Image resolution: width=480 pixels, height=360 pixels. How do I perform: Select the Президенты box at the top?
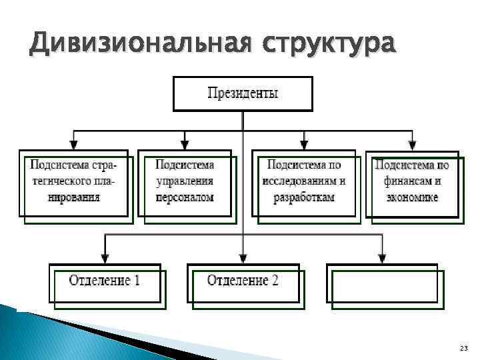tap(243, 93)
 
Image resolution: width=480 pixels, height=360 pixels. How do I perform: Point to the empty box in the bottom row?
tap(383, 283)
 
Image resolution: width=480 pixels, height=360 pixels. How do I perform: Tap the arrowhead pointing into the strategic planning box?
tap(73, 143)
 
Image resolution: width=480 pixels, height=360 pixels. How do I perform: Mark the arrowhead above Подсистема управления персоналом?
tap(185, 143)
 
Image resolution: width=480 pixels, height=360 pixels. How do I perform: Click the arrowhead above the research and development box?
tap(305, 143)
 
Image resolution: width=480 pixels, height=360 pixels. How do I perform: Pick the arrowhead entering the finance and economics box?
tap(411, 143)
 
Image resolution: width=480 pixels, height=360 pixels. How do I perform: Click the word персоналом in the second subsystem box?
tap(185, 198)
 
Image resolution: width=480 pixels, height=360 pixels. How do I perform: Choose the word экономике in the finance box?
tap(411, 198)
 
